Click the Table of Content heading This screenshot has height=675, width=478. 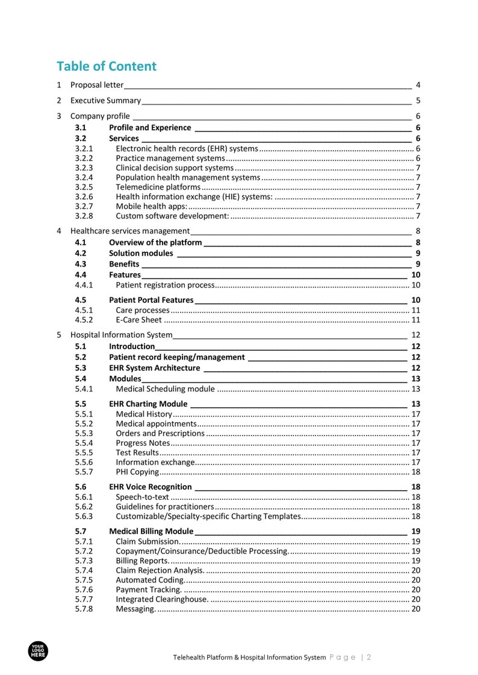pos(107,66)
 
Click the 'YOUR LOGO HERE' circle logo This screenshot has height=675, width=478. pos(38,651)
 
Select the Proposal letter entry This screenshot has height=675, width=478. pos(96,85)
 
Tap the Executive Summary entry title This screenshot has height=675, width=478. pos(105,100)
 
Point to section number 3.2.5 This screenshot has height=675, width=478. pos(84,187)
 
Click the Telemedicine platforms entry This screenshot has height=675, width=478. pos(158,187)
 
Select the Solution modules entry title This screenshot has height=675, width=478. pos(141,253)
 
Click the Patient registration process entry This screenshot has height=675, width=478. pos(165,285)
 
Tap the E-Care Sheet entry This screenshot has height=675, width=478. pos(138,319)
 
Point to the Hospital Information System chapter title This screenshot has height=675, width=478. pos(121,334)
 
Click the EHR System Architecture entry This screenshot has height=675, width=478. pos(154,368)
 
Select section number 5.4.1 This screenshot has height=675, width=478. pos(84,389)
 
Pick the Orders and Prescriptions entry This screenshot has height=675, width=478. pos(160,433)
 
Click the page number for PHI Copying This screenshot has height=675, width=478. pos(415,472)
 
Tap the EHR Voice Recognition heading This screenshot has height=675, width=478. pos(151,487)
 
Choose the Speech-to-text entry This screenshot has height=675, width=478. pos(142,497)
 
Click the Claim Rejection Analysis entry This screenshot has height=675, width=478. pos(160,570)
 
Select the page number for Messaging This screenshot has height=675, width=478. pos(415,609)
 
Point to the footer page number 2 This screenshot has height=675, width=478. pos(368,658)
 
